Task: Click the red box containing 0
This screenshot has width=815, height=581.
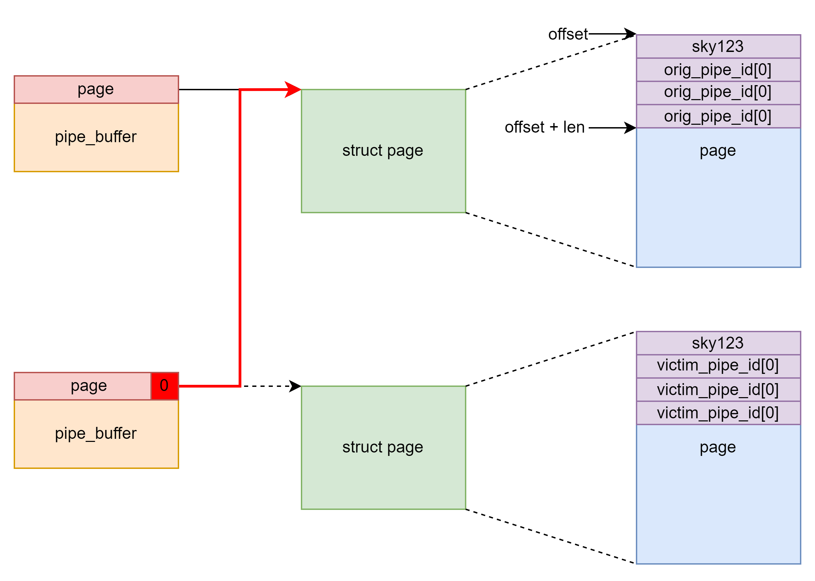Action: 164,386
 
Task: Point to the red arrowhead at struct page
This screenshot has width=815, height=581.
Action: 293,90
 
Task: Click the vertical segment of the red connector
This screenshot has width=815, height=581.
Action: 240,236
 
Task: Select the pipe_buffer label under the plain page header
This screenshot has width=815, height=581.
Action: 96,137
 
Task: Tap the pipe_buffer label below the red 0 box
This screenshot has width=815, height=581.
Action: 96,434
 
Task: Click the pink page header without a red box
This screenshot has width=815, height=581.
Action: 96,89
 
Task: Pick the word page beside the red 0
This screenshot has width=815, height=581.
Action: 89,386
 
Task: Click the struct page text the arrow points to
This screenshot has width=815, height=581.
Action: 383,151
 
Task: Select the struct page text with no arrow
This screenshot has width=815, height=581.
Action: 383,447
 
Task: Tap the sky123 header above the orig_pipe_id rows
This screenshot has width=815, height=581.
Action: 718,46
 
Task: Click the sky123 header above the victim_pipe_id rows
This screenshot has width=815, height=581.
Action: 718,343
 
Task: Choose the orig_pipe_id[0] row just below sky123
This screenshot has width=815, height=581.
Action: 718,70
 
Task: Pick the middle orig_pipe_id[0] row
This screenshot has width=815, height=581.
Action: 718,92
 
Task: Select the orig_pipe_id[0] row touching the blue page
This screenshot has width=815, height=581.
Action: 718,116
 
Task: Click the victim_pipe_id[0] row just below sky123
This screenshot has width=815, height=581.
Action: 718,366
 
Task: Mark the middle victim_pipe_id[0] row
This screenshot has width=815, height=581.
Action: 718,390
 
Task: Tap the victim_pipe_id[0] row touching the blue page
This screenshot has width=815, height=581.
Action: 718,413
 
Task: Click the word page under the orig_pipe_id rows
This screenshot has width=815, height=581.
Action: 718,151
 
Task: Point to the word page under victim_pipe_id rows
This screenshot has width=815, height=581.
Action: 718,448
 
